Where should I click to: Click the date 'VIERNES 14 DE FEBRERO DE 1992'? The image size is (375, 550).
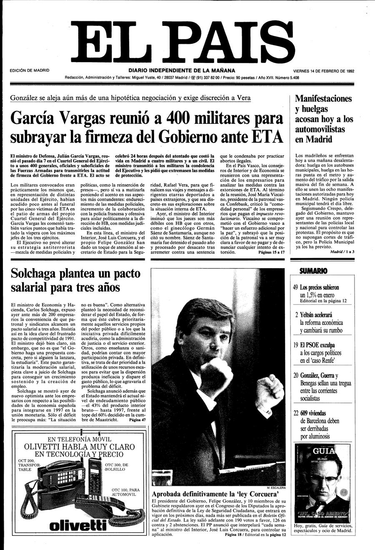click(x=323, y=71)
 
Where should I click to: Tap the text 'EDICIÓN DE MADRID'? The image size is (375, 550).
click(x=29, y=70)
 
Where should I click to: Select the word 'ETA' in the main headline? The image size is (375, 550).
click(x=267, y=137)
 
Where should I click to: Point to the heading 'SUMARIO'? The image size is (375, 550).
click(x=313, y=271)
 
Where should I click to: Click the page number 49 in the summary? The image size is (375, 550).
click(x=295, y=287)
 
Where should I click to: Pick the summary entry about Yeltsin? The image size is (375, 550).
click(x=321, y=323)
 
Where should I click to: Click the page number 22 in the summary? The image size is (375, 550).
click(x=295, y=413)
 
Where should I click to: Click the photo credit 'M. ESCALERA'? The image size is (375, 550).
click(x=276, y=487)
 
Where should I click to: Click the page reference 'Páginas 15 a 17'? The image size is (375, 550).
click(x=271, y=252)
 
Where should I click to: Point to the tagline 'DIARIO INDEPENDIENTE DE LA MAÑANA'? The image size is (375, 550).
click(x=182, y=70)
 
